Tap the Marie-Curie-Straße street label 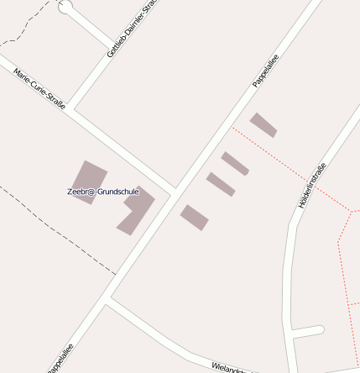coord(39,88)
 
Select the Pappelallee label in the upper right coord(265,71)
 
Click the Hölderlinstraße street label coord(311,185)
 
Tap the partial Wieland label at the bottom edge coord(227,368)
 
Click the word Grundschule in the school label coord(118,192)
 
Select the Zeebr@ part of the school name coord(81,192)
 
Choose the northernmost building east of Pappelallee coord(263,124)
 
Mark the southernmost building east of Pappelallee coord(194,217)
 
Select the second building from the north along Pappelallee coord(235,163)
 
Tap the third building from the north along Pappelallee coord(221,184)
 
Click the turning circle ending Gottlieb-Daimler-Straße coord(65,7)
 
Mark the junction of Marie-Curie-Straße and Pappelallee coord(174,191)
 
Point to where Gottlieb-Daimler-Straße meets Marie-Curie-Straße coord(70,108)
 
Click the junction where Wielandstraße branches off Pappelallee coord(108,299)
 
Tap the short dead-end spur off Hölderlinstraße coord(307,331)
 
